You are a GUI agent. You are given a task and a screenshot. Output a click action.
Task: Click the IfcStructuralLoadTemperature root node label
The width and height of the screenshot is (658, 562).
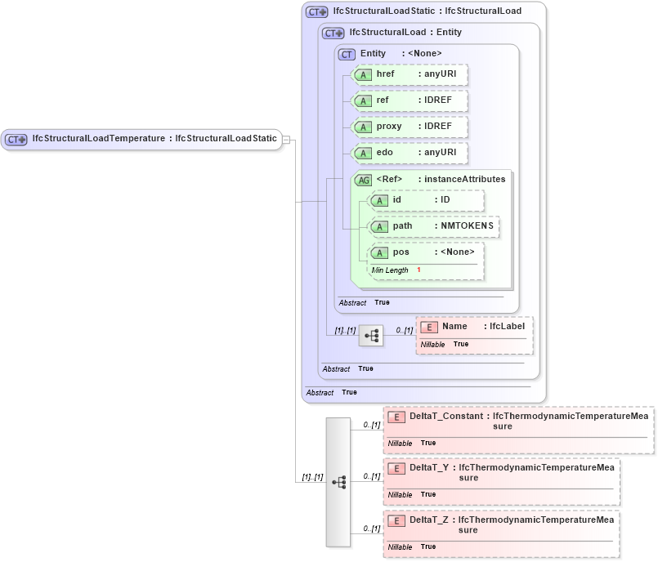(x=154, y=139)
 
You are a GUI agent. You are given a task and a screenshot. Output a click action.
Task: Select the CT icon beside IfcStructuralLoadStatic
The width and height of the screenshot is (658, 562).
(x=316, y=12)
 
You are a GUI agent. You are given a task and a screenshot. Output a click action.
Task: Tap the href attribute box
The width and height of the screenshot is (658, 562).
(x=409, y=75)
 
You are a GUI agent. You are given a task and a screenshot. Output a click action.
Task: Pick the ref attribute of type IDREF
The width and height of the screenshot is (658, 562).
(x=409, y=101)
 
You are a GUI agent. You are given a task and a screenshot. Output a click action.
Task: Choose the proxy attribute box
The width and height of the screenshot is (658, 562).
(x=409, y=127)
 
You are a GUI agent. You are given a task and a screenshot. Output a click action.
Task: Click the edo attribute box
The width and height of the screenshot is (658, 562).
(x=409, y=154)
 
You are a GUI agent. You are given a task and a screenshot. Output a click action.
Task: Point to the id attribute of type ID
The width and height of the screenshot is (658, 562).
(x=426, y=200)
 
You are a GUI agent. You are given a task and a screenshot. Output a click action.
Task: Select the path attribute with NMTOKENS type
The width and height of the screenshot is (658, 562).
(x=434, y=226)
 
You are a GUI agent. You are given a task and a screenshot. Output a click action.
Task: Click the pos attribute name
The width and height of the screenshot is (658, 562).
(x=401, y=252)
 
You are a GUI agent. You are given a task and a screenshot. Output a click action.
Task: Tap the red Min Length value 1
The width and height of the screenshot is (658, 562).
(x=419, y=270)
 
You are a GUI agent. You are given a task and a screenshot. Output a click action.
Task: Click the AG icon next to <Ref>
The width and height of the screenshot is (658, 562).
(x=363, y=180)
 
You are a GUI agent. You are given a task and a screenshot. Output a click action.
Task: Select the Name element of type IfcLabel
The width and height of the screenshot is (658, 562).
(x=474, y=327)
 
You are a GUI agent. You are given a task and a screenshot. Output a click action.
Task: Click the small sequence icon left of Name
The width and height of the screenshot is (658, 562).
(x=371, y=335)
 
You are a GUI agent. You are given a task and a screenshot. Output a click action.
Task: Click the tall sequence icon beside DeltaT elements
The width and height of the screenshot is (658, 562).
(x=338, y=482)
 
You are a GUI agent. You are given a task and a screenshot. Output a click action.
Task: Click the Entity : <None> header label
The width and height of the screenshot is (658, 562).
(x=401, y=54)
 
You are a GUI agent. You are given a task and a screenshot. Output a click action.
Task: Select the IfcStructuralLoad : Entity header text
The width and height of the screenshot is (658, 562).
(x=405, y=33)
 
